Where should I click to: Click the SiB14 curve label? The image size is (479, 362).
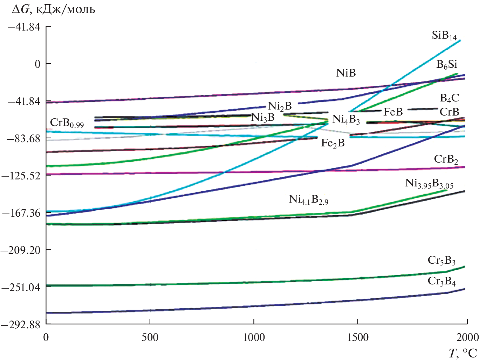click(444, 36)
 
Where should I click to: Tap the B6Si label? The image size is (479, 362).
click(447, 65)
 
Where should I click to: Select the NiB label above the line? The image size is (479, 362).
click(346, 73)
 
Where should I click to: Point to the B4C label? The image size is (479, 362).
click(450, 98)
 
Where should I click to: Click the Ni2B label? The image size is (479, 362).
click(280, 106)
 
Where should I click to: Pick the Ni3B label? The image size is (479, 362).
click(263, 118)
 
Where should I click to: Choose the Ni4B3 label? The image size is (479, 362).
click(346, 119)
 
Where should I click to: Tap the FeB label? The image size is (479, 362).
click(393, 112)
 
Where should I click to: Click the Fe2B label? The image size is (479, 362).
click(333, 143)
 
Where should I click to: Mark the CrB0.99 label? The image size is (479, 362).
click(67, 123)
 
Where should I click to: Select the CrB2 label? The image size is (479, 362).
click(446, 159)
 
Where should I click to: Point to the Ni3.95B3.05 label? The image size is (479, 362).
click(429, 184)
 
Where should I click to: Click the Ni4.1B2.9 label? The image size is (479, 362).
click(308, 199)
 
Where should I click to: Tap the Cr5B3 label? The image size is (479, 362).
click(442, 261)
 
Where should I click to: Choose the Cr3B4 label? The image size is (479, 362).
click(442, 281)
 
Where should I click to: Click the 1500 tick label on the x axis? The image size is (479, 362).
click(357, 338)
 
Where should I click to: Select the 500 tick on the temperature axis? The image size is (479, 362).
click(150, 338)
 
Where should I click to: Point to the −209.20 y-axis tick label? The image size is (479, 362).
click(21, 250)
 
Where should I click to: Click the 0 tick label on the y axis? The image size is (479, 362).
click(37, 64)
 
